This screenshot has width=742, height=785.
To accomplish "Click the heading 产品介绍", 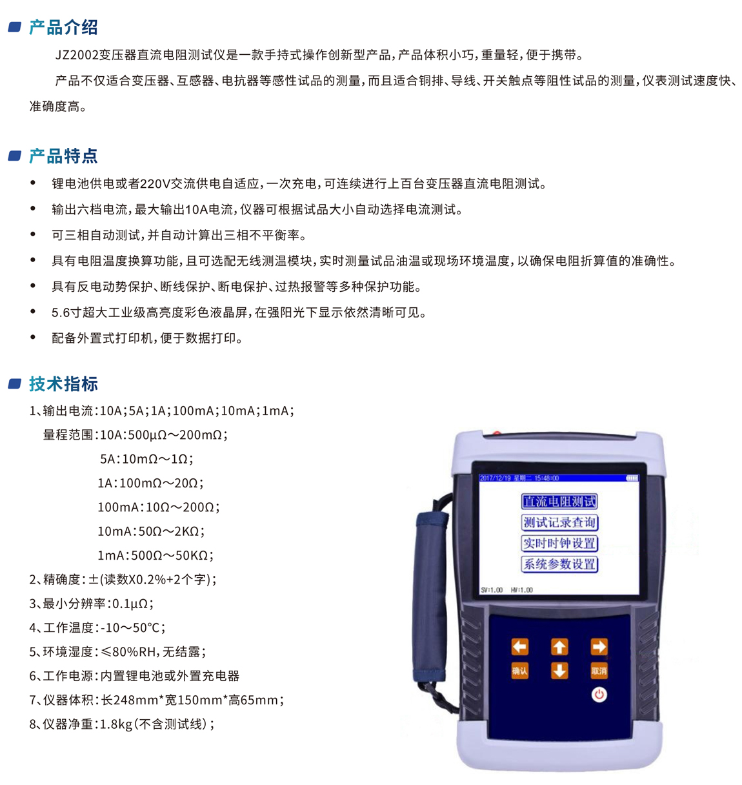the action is coord(63,28).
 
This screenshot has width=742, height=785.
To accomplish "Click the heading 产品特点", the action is coord(63,156).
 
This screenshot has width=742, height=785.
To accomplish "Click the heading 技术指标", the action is coord(63,383).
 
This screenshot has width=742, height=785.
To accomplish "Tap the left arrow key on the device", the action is coord(519,646).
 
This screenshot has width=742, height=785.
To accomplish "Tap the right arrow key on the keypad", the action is coord(599,646).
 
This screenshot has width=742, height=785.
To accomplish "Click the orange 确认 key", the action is coord(519,671).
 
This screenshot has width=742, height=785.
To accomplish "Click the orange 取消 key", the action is coord(599,671).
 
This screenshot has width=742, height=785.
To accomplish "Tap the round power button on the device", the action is coord(599,695).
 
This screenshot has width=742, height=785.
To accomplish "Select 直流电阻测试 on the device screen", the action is coord(559,502).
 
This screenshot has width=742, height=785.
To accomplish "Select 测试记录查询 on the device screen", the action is coord(559,522).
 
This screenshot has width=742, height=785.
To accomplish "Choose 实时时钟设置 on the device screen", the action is coord(559,544).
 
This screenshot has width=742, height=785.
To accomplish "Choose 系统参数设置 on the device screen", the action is coord(559,564).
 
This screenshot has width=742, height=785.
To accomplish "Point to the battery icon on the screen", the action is coord(632,478).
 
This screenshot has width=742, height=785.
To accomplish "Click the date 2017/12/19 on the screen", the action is coord(495,478).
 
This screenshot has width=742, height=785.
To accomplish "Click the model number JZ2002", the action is coord(77,55).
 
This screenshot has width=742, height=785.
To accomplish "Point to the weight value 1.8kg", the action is coord(116,724).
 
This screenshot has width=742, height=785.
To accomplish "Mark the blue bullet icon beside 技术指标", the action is coord(15,383).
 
